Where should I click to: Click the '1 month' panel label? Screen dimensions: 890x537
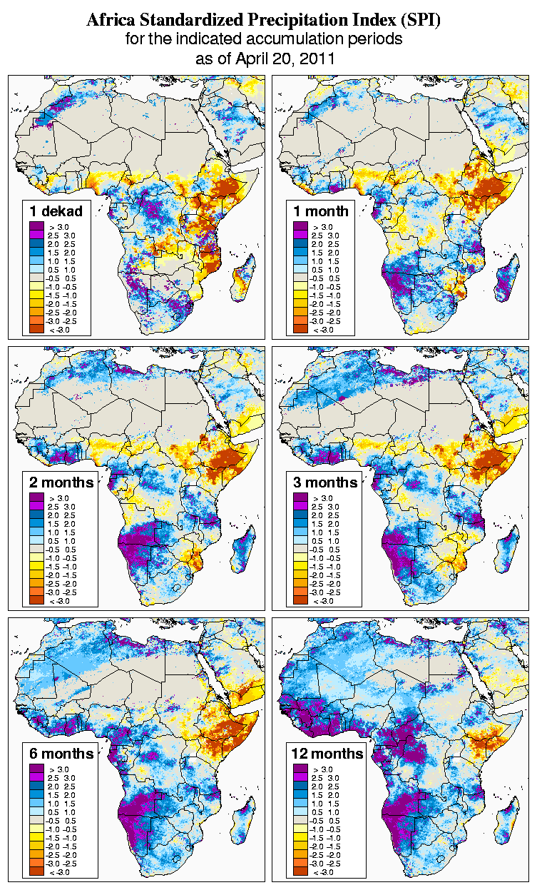(x=320, y=211)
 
